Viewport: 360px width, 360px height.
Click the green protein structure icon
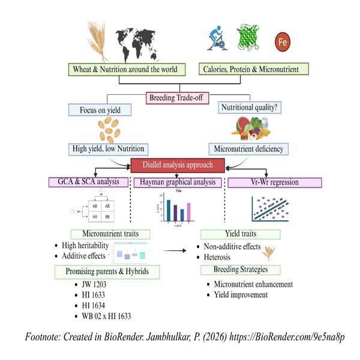[249, 39]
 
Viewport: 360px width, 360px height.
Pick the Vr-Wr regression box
[263, 182]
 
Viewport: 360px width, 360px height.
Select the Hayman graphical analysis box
[178, 182]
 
